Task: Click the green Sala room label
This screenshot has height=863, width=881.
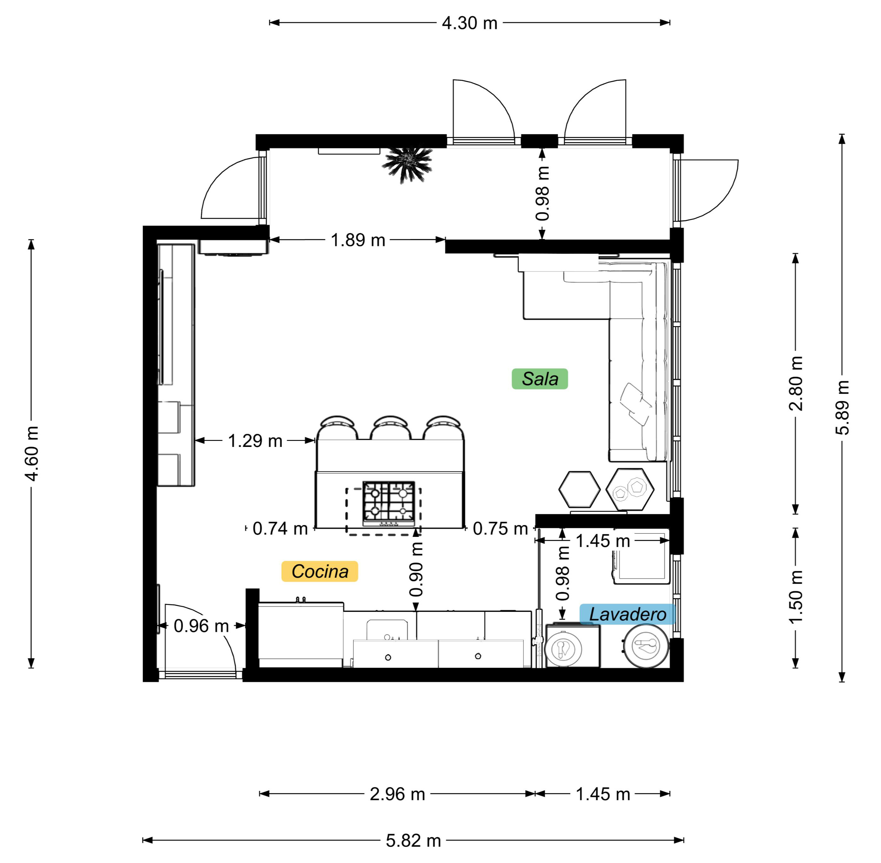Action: (x=539, y=379)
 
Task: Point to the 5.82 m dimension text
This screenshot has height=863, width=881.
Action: (x=413, y=841)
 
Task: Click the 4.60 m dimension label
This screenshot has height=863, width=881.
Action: (x=32, y=454)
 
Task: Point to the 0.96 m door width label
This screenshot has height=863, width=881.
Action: (x=201, y=626)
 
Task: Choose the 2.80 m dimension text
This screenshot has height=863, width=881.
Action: (x=796, y=383)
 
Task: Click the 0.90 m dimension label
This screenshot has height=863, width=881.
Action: (x=416, y=569)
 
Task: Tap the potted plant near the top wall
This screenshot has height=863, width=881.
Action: (x=407, y=165)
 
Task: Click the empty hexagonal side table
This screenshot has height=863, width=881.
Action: (x=579, y=490)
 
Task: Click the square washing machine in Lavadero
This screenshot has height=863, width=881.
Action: (x=573, y=646)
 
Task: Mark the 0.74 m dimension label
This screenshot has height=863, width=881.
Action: (x=280, y=529)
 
